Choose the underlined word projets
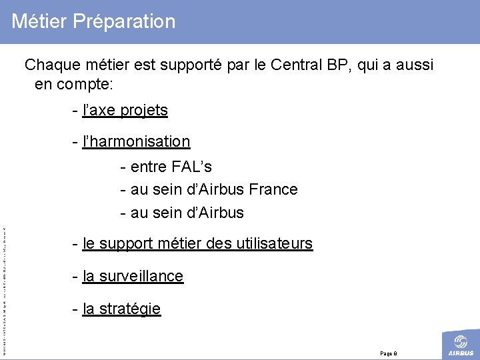143,111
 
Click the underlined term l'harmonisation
137,141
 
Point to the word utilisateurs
270,244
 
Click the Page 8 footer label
388,353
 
